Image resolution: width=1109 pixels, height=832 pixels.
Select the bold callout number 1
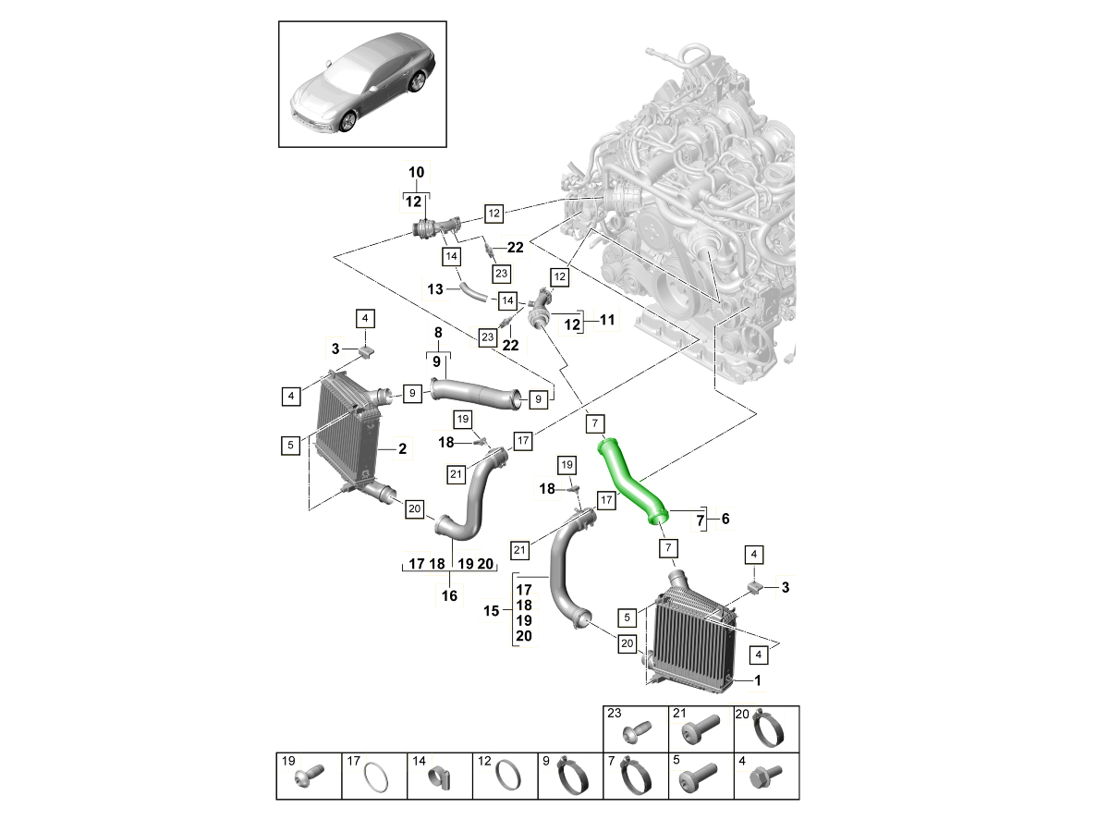[759, 681]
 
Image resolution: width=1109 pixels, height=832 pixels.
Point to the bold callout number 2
[402, 449]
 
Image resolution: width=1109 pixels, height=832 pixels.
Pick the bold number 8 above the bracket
[438, 333]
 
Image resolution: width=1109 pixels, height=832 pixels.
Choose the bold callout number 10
[416, 172]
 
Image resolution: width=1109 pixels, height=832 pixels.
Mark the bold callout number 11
[606, 321]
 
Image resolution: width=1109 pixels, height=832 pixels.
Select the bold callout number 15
[493, 611]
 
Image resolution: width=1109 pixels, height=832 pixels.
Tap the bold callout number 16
[449, 596]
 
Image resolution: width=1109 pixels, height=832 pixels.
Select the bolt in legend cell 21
[697, 733]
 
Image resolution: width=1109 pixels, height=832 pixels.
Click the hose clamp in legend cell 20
[769, 730]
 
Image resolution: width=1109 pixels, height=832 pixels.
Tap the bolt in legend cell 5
[698, 779]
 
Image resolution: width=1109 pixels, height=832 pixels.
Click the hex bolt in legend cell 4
[766, 775]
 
